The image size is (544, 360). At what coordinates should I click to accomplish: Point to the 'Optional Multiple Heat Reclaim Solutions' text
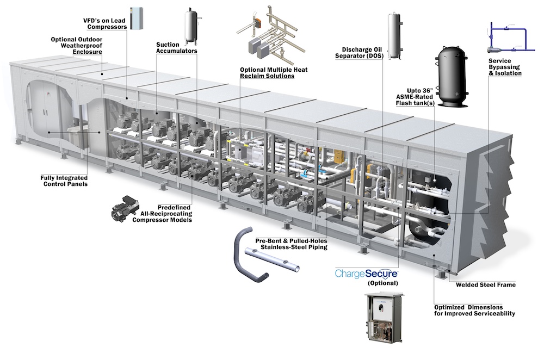coord(267,73)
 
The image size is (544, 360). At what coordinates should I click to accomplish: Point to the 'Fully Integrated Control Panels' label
coord(65,181)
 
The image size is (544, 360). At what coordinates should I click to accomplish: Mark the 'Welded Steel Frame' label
coord(485,284)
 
